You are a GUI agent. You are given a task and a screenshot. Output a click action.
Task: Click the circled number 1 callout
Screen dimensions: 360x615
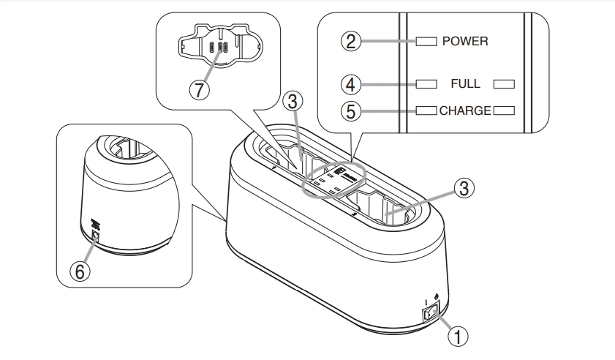pyautogui.click(x=457, y=337)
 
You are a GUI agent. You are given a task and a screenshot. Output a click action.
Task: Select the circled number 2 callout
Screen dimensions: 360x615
pyautogui.click(x=353, y=41)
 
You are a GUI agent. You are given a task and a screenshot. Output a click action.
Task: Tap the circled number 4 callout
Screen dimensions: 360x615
pyautogui.click(x=353, y=84)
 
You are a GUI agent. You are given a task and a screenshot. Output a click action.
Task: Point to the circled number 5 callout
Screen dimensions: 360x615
pyautogui.click(x=353, y=111)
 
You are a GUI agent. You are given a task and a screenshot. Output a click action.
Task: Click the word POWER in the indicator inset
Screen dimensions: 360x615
pyautogui.click(x=465, y=42)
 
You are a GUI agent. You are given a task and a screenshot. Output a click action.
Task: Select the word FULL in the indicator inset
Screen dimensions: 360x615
pyautogui.click(x=465, y=84)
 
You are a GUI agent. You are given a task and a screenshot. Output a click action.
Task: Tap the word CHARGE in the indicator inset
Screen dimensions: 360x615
pyautogui.click(x=465, y=111)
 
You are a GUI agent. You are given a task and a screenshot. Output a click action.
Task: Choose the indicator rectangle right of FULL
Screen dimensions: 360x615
pyautogui.click(x=504, y=84)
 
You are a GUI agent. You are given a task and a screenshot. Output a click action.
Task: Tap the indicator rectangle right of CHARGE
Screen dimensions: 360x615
pyautogui.click(x=504, y=111)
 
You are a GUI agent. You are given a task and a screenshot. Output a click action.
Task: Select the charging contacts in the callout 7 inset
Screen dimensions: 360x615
pyautogui.click(x=219, y=48)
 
